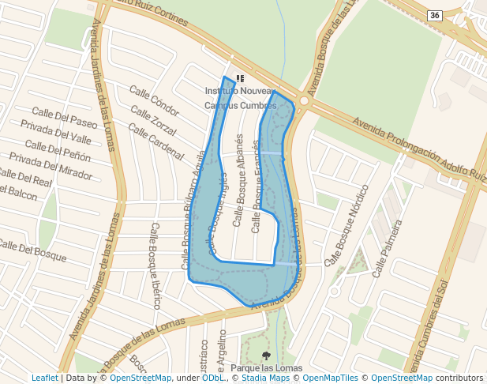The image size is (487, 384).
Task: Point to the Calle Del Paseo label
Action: pos(65,119)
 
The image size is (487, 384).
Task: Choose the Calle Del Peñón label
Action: pos(58,150)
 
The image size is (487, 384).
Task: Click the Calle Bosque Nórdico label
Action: pos(347,225)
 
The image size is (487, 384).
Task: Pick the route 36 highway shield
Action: pos(434,15)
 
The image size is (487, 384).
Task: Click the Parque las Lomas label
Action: pos(267,369)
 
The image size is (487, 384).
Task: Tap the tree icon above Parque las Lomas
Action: pos(266,356)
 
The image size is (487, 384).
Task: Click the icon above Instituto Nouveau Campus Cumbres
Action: pos(240,79)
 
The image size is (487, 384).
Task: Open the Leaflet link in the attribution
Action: pos(44,378)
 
